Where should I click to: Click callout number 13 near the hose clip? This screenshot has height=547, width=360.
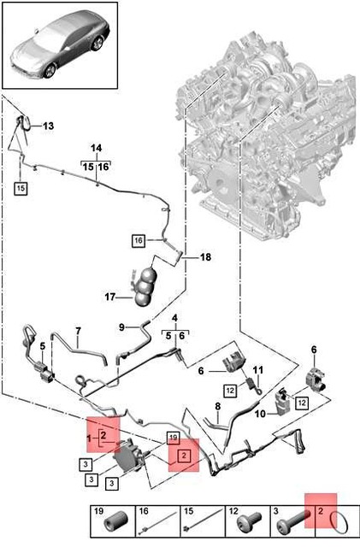click(x=49, y=126)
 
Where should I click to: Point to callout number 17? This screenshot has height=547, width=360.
click(x=110, y=297)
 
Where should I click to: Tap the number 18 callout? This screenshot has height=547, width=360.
click(x=206, y=257)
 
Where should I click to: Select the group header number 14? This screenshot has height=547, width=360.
click(x=96, y=148)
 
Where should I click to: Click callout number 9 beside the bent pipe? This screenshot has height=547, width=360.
click(x=121, y=327)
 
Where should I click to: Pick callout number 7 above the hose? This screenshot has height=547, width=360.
click(x=78, y=331)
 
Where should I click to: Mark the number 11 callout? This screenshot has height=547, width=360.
click(x=258, y=369)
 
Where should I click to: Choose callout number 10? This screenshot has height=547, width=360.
click(x=261, y=414)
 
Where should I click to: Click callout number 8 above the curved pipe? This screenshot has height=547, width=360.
click(x=218, y=407)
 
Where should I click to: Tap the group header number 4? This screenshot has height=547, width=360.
click(x=175, y=318)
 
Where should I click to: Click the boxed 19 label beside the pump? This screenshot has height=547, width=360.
click(x=174, y=438)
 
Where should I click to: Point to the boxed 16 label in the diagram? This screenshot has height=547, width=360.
click(x=139, y=241)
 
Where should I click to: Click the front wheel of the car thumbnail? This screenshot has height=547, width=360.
click(x=50, y=71)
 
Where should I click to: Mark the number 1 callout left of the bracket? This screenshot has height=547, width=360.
click(x=89, y=438)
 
